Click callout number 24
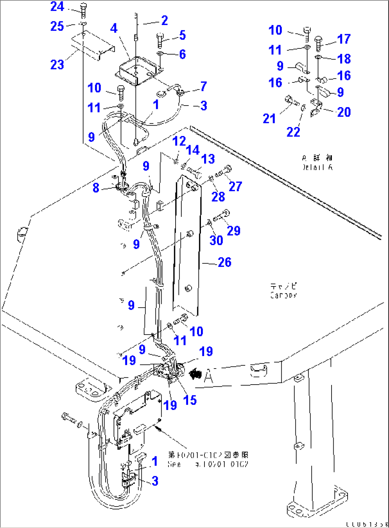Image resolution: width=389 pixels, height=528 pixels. click(x=57, y=6)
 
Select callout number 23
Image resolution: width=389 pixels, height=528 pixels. click(x=57, y=65)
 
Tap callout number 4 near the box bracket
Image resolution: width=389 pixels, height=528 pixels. click(x=113, y=28)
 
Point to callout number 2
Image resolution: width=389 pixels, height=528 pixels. click(x=164, y=20)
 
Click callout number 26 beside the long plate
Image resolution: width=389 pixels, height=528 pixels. click(x=224, y=262)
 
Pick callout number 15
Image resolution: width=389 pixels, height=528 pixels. click(x=190, y=400)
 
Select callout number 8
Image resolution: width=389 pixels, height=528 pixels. click(x=96, y=188)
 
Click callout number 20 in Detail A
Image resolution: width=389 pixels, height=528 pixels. click(x=344, y=112)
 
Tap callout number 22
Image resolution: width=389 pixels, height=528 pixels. click(x=293, y=132)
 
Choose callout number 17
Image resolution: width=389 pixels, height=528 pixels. click(x=344, y=39)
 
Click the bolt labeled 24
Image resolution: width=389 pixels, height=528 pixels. click(x=83, y=11)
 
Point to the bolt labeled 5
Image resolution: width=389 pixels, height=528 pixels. click(x=160, y=40)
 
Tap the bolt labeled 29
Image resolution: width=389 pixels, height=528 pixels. click(x=222, y=215)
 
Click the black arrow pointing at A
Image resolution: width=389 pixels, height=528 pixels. click(x=195, y=374)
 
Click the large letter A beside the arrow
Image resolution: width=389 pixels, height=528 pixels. click(x=208, y=376)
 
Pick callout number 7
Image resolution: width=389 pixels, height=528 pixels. click(x=203, y=86)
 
